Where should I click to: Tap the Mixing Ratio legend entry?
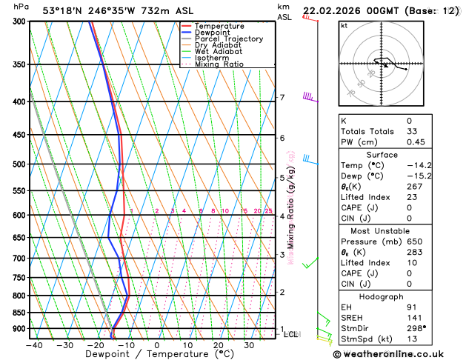[217, 64]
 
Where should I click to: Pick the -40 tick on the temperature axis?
[33, 344]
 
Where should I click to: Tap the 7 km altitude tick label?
[282, 98]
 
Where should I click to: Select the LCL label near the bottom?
[291, 335]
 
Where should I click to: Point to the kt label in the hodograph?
[344, 26]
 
